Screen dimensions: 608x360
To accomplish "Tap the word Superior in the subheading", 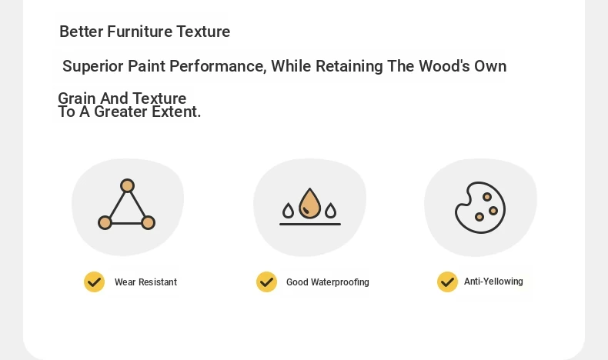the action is point(93,67).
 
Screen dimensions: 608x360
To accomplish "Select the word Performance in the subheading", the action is point(218,66).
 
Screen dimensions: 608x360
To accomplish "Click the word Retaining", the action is point(349,67).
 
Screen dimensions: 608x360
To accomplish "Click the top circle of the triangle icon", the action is point(127,186).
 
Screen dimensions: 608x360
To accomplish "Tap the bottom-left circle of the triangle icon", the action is point(105,223).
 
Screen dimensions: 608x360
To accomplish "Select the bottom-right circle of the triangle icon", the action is point(148,223).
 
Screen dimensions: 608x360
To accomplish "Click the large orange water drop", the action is point(310,203).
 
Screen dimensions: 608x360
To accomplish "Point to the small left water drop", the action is point(288,211).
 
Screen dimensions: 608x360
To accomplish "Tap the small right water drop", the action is point(330,211).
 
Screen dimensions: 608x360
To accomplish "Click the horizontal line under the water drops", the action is point(310,224).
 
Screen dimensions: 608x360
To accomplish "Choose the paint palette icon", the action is point(480,208).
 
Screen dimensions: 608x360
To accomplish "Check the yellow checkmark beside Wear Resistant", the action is point(94,282).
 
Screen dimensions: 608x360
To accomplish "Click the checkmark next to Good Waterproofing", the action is point(267,282).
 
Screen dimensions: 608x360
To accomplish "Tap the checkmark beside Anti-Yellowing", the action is point(447,282).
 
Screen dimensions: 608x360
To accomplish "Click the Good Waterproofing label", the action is point(328,282).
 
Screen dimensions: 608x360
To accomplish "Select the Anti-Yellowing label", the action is point(493,282).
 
